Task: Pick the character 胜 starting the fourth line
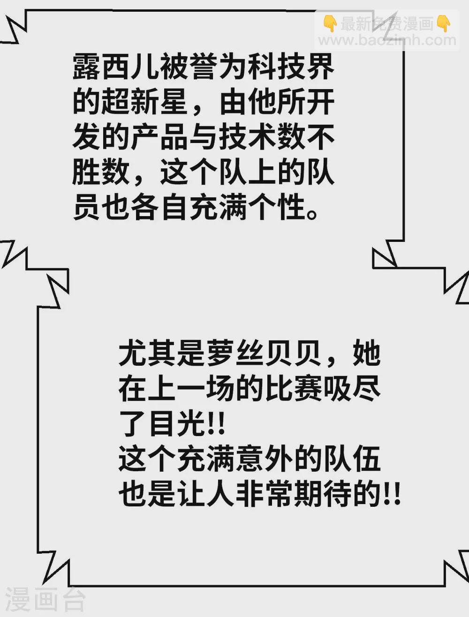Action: (86, 172)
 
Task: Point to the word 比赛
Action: (294, 389)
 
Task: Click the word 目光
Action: (177, 424)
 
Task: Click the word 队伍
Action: (352, 459)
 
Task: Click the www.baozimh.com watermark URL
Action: (387, 40)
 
